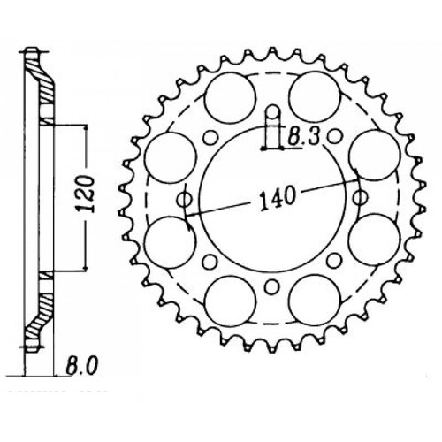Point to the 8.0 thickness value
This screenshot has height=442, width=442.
(80, 362)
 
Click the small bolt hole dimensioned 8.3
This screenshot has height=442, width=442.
(273, 112)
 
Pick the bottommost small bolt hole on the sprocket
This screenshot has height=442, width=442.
(271, 287)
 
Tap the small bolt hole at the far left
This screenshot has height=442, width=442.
(184, 200)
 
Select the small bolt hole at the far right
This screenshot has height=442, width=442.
(360, 200)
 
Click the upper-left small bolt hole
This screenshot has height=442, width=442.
(210, 137)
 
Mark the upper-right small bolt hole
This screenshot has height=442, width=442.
(335, 137)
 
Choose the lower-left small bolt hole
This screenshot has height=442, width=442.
(210, 262)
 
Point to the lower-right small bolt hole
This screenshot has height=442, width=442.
(335, 262)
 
